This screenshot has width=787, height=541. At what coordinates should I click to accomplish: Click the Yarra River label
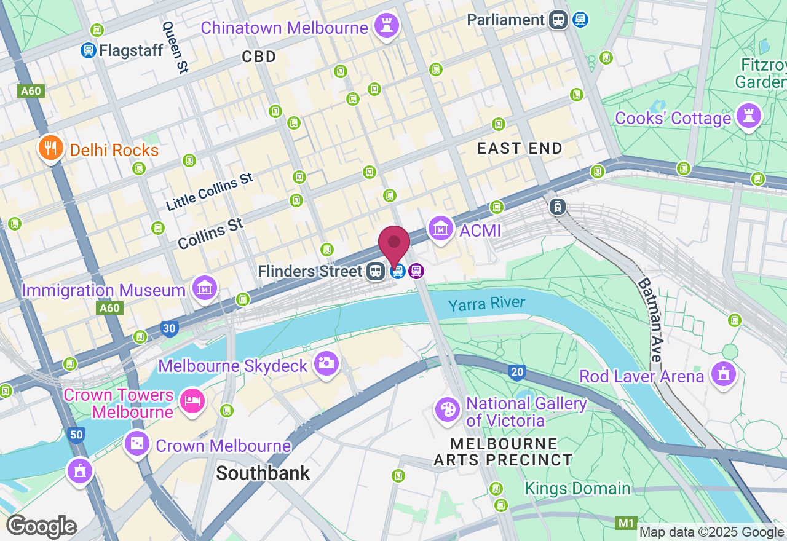486,304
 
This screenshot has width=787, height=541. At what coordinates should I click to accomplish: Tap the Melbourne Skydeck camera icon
326,363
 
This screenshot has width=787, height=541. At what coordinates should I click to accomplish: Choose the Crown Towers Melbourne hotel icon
192,401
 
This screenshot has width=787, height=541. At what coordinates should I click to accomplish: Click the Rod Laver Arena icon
723,373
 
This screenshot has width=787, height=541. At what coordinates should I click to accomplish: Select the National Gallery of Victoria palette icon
447,409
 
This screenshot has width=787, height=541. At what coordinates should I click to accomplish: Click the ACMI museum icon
441,228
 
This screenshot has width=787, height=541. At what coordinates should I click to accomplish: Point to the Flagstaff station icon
88,50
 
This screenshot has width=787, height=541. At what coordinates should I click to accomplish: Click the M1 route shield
626,523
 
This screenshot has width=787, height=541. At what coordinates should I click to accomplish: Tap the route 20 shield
517,371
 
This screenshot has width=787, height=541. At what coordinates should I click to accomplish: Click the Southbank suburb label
263,473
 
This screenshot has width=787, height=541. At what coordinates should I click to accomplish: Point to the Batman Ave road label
649,320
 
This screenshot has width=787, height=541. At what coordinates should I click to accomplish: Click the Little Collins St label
209,191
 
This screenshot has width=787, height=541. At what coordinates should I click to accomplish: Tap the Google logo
41,526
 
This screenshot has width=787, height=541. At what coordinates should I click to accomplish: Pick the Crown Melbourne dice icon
136,443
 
